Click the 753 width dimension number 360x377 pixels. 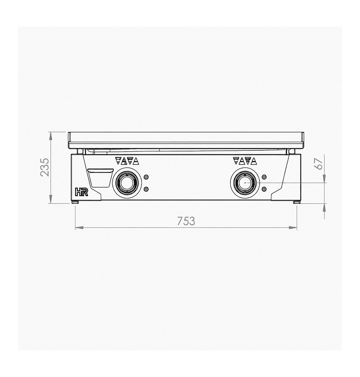tap(186, 221)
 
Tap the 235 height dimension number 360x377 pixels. tap(45, 167)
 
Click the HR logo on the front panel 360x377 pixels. tap(82, 192)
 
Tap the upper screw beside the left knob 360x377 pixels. tap(146, 177)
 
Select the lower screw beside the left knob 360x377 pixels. tap(146, 189)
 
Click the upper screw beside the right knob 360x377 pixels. tap(264, 177)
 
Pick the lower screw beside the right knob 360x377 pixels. tap(264, 189)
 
